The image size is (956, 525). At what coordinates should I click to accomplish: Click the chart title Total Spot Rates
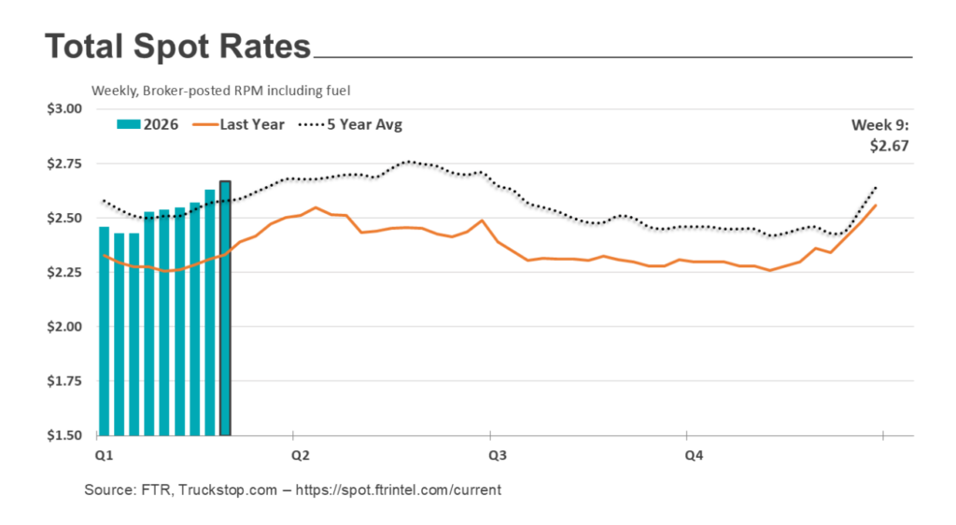tap(177, 48)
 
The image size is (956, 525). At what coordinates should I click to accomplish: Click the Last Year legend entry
tap(241, 124)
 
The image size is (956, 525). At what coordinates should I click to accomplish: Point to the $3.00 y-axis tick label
tap(63, 108)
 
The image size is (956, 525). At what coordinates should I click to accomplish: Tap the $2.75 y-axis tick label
tap(63, 163)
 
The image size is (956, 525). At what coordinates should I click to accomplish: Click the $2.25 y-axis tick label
tap(63, 273)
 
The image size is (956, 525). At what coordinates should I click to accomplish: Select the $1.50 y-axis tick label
tap(63, 436)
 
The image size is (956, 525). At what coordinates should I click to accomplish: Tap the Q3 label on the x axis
tap(498, 455)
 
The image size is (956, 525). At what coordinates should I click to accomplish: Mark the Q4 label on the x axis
tap(695, 455)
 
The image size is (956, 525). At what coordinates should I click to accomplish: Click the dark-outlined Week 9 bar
tap(225, 308)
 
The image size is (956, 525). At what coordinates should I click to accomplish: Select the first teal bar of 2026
tap(104, 332)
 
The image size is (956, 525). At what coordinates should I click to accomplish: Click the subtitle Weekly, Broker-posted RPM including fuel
tap(219, 91)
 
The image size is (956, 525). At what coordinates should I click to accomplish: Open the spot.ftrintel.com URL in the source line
tap(399, 490)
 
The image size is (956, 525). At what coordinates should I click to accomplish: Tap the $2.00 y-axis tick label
tap(63, 327)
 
